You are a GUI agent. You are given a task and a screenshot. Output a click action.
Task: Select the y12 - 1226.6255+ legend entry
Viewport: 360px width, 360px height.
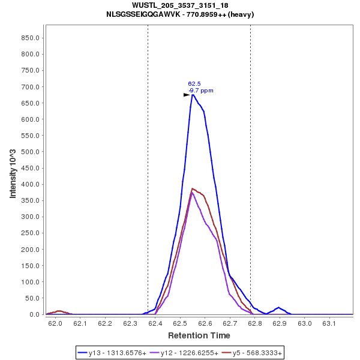pos(184,352)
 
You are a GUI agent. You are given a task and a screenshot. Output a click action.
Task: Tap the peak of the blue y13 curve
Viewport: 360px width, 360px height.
pos(193,94)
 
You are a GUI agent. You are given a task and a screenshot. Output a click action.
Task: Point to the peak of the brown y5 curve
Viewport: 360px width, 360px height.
pos(192,188)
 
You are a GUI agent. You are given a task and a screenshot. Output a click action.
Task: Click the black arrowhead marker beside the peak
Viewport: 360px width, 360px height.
pos(187,95)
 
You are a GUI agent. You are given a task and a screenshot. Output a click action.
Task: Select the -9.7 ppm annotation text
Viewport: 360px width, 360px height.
pos(201,91)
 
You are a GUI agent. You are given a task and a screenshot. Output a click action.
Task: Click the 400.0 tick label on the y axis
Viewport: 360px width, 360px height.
pos(31,184)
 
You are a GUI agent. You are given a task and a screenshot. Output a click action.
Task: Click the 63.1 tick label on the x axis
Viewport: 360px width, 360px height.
pos(329,324)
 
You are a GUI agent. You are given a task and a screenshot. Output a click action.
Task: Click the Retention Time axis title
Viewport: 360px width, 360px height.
pos(199,335)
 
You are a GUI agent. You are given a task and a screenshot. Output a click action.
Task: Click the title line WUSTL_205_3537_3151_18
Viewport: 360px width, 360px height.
pos(179,5)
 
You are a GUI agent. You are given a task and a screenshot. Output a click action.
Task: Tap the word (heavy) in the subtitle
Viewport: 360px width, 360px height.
pos(242,14)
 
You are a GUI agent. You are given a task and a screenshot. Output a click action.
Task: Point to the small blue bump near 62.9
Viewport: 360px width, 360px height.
pos(278,308)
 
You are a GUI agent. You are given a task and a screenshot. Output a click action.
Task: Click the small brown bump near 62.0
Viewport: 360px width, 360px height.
pos(59,311)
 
